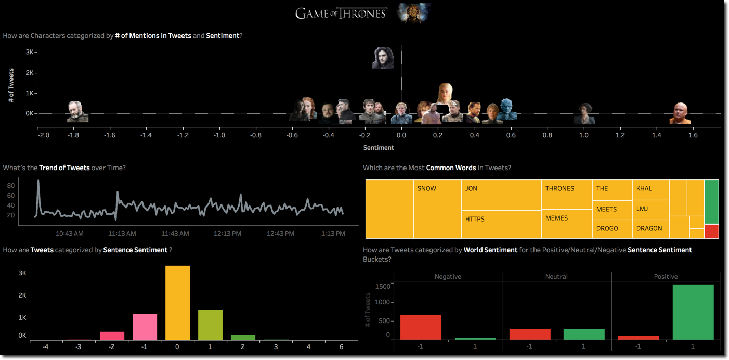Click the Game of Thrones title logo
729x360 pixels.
pos(341,14)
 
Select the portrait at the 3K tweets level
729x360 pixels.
pos(383,58)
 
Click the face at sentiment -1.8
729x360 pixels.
pos(77,112)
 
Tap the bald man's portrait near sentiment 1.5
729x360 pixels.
pos(680,113)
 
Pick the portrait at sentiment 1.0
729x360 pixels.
pos(584,114)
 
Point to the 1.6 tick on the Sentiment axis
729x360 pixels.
pos(693,135)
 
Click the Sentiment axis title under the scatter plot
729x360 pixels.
pos(379,148)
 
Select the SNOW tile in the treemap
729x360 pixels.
pos(437,209)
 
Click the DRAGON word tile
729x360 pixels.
pos(650,228)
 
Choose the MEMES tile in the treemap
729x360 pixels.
pos(566,224)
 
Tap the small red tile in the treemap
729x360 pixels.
pos(711,231)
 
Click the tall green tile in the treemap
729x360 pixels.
pos(711,202)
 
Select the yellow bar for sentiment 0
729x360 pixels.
pos(177,303)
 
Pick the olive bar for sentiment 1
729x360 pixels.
pos(210,325)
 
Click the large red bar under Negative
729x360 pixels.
pos(421,327)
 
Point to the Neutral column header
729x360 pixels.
pos(556,277)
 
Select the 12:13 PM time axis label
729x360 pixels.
pos(227,234)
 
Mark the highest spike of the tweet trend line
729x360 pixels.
pos(38,181)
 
